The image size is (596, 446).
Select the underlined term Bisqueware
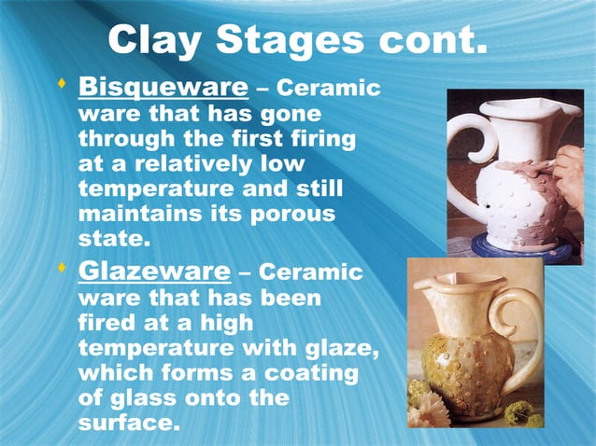click(163, 89)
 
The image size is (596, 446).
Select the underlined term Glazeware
click(153, 272)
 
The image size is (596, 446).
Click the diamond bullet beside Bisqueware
click(62, 86)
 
